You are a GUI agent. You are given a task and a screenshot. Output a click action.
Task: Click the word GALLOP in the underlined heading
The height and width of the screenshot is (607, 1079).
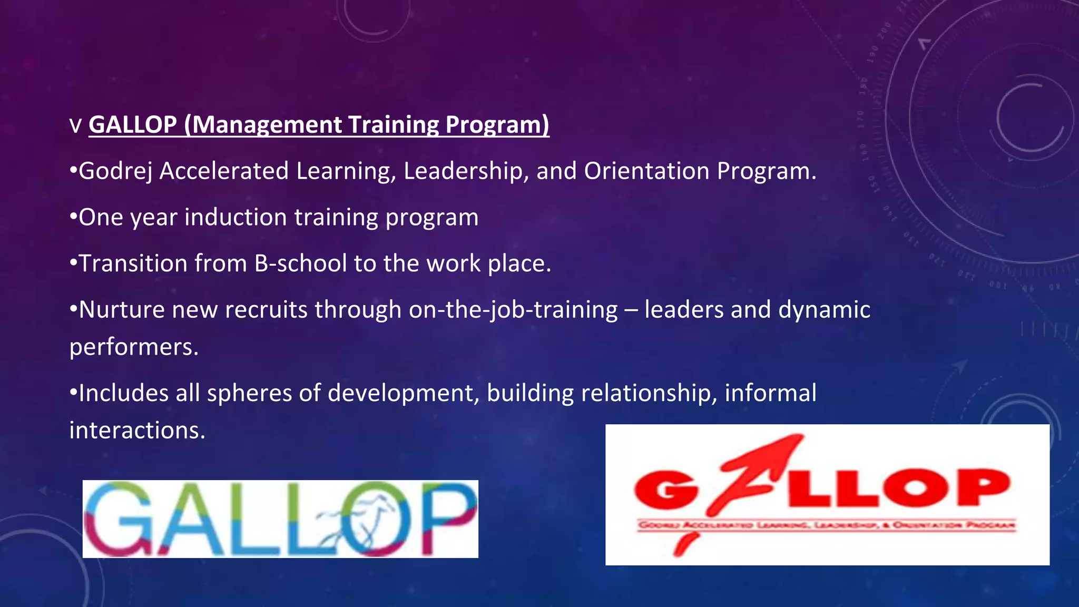pyautogui.click(x=133, y=125)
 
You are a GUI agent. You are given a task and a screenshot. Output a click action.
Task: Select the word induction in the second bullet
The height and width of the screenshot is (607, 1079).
pyautogui.click(x=235, y=218)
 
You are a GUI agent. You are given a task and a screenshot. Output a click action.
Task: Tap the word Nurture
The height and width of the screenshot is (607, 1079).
pyautogui.click(x=122, y=310)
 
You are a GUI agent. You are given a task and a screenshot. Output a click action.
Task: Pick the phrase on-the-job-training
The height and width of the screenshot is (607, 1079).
pyautogui.click(x=513, y=310)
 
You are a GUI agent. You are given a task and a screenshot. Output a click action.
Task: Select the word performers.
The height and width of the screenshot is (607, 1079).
pyautogui.click(x=134, y=347)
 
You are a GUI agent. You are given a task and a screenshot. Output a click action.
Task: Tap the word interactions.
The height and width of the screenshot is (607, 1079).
pyautogui.click(x=137, y=430)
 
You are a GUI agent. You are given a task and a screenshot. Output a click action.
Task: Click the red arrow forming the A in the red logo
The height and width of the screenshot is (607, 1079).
pyautogui.click(x=753, y=474)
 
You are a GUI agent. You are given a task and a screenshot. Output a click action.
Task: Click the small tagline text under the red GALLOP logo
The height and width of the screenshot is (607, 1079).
pyautogui.click(x=826, y=525)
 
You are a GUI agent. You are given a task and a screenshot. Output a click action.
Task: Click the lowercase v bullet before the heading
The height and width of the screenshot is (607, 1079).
pyautogui.click(x=76, y=126)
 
